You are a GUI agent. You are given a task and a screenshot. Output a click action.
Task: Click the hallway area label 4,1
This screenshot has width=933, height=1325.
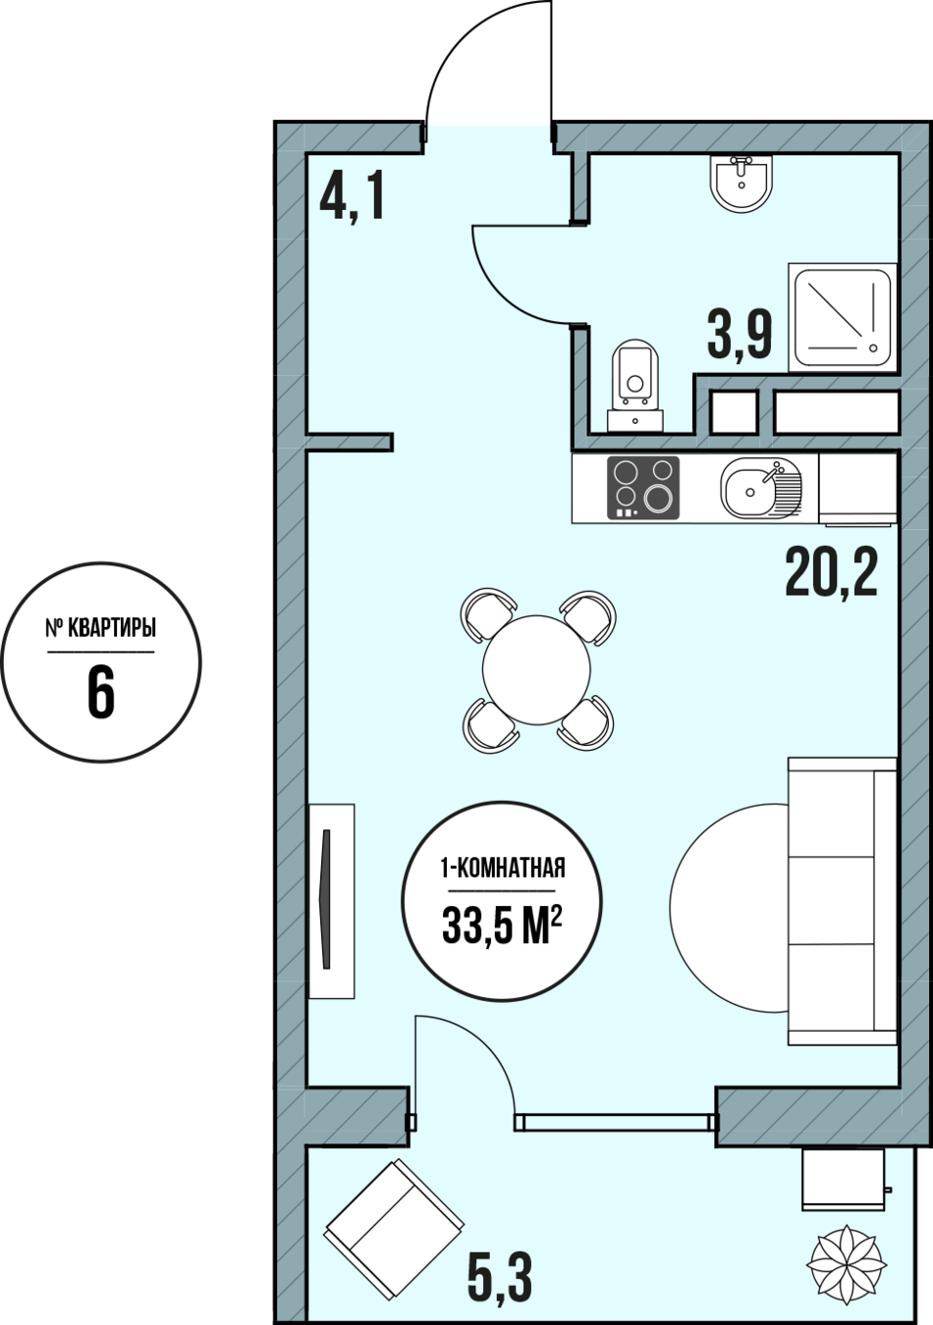[x=352, y=195]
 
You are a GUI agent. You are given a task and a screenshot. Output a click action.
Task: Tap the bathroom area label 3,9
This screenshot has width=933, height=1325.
[x=740, y=336]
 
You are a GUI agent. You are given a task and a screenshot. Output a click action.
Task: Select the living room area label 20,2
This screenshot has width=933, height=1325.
[x=831, y=572]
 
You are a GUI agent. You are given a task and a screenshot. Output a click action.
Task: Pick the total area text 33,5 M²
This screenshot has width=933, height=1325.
[x=502, y=927]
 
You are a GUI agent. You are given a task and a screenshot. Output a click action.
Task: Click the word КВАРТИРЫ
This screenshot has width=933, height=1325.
[x=112, y=627]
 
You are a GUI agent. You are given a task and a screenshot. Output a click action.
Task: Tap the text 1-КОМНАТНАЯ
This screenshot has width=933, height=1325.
[x=502, y=869]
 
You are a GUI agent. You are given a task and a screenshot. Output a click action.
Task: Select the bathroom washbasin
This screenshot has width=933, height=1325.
[x=741, y=183]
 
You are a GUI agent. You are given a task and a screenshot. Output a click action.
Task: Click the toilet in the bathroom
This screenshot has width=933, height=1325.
[x=635, y=385]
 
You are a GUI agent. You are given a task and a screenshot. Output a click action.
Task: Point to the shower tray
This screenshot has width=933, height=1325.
[x=843, y=317]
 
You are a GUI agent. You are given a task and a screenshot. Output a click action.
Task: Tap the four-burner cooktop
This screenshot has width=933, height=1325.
[x=643, y=488]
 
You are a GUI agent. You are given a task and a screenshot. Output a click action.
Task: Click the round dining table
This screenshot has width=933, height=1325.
[x=536, y=669]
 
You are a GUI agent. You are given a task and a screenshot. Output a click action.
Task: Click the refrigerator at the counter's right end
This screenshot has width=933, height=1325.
[x=858, y=489]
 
